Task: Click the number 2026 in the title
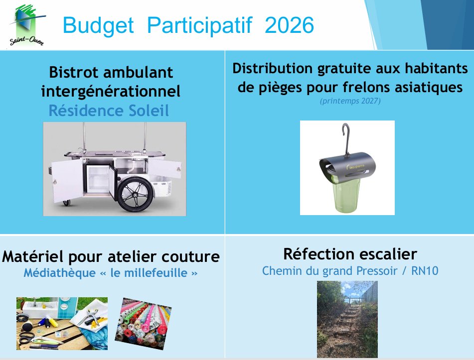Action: tap(289, 25)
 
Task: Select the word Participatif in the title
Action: tap(199, 25)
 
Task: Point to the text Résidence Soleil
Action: tap(109, 111)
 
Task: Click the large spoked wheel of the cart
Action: tap(135, 194)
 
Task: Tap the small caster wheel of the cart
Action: tap(66, 203)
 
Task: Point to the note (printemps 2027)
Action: tap(350, 101)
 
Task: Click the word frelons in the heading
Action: tap(366, 87)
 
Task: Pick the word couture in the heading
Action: tap(190, 257)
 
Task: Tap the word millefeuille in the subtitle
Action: tap(156, 273)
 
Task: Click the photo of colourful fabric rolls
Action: tap(143, 324)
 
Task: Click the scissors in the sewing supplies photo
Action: tap(29, 338)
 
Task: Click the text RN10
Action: tap(425, 271)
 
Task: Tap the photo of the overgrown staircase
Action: tap(347, 319)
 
